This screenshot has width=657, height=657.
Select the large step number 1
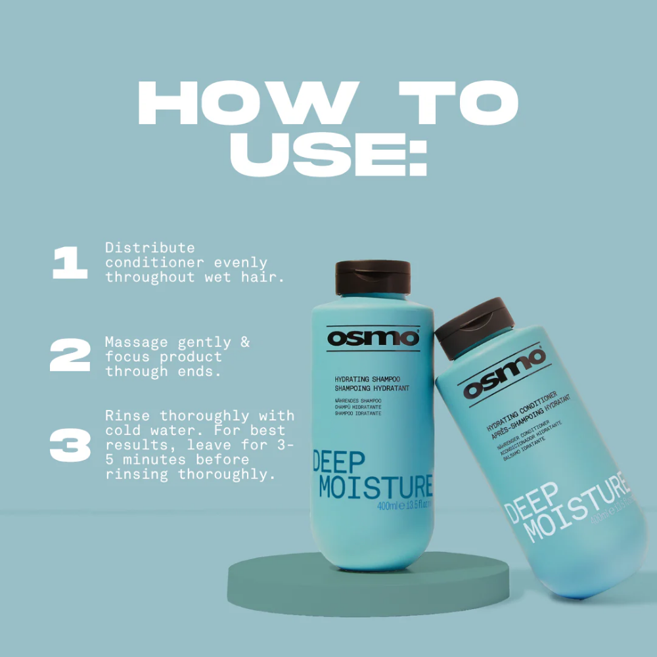pyautogui.click(x=70, y=263)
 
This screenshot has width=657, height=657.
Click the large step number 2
pyautogui.click(x=70, y=356)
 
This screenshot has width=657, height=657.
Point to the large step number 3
pyautogui.click(x=70, y=445)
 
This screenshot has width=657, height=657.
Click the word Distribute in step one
pyautogui.click(x=150, y=248)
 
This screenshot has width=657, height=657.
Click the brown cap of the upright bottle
pyautogui.click(x=373, y=276)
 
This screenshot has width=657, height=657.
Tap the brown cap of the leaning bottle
pyautogui.click(x=472, y=325)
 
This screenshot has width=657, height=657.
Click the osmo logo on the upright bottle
pyautogui.click(x=373, y=338)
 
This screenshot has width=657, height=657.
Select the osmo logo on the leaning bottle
pyautogui.click(x=505, y=374)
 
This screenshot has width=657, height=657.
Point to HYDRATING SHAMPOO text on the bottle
pyautogui.click(x=367, y=380)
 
